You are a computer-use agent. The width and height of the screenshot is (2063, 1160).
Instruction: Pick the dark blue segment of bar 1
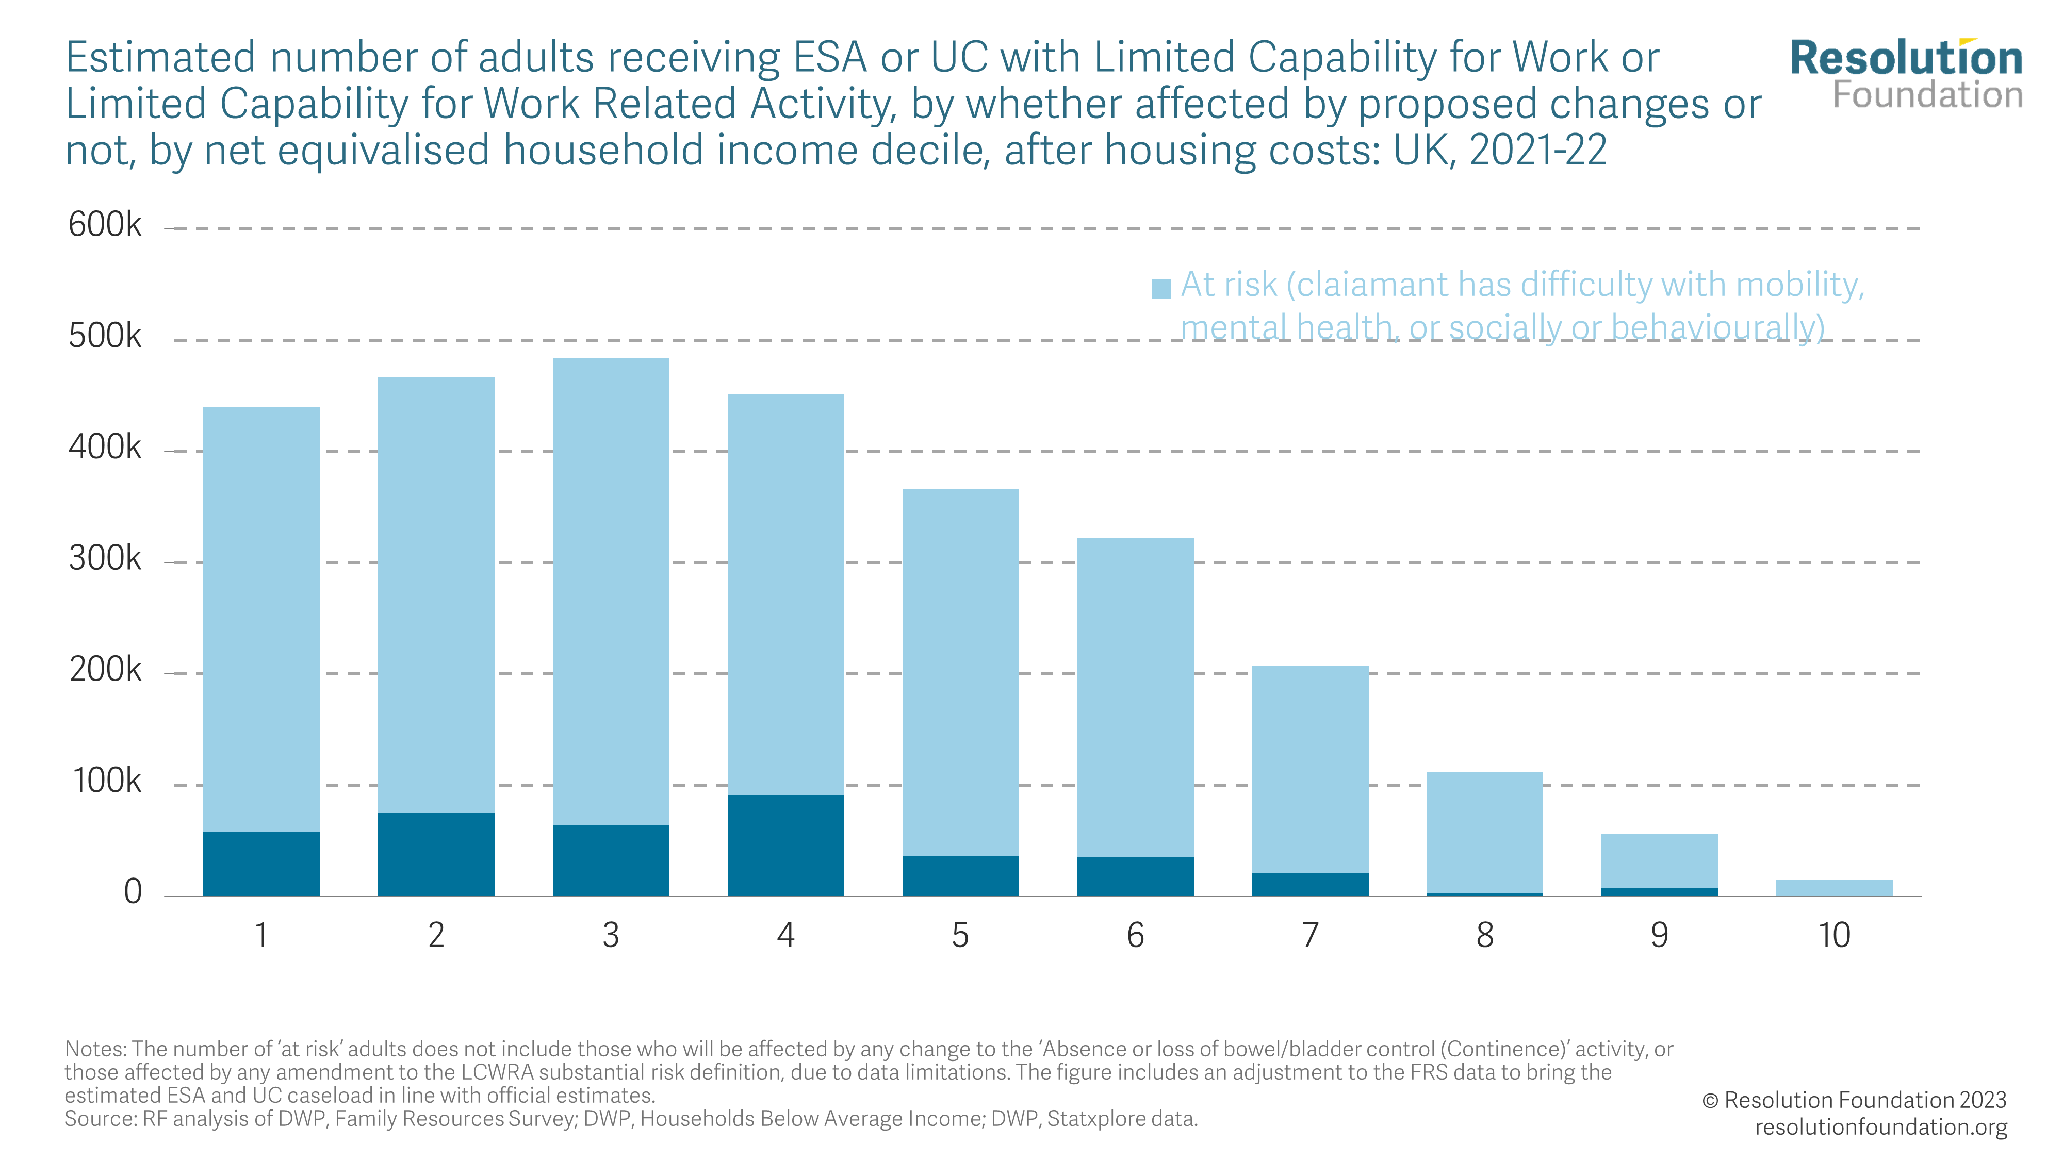[261, 863]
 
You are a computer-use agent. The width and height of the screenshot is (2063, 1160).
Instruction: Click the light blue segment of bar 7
[1309, 769]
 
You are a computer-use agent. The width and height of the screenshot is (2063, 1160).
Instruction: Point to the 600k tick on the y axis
[104, 225]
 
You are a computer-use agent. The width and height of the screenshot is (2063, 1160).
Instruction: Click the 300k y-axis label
[104, 559]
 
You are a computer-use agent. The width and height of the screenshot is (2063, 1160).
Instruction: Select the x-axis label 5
[960, 935]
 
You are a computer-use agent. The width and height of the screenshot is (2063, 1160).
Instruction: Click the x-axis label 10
[1834, 935]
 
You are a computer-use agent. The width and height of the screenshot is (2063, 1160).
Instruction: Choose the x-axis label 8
[1485, 935]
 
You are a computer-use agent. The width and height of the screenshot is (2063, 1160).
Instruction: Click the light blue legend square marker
[1160, 288]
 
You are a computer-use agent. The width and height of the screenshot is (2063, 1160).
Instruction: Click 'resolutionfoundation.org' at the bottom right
[1880, 1126]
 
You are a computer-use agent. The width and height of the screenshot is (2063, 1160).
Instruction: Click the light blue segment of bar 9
[1659, 860]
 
